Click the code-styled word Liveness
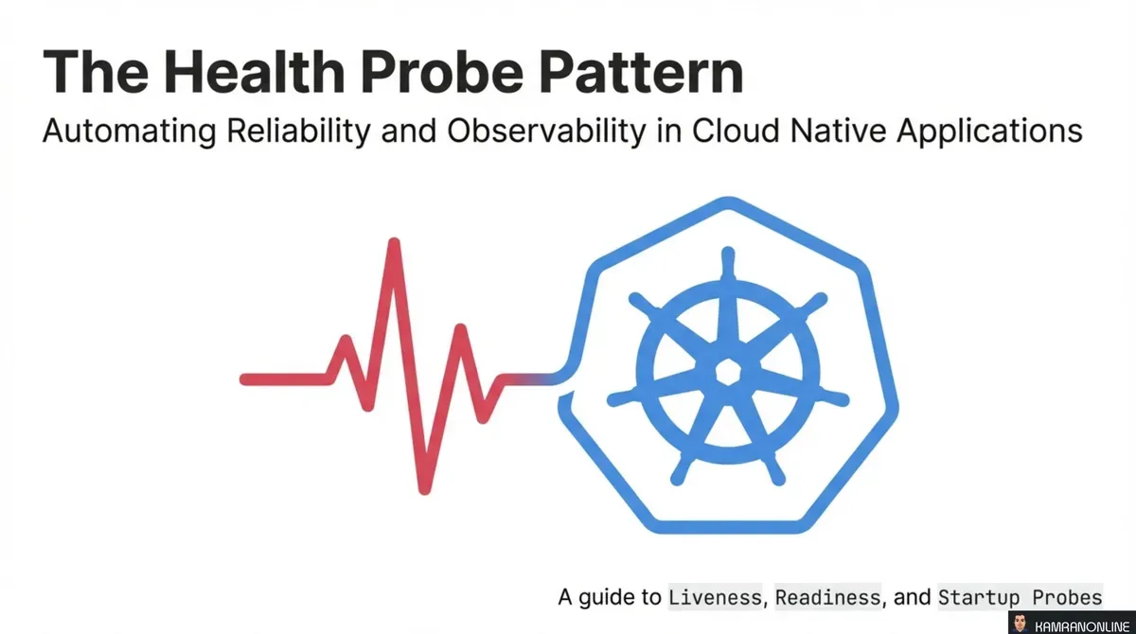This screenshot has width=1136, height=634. [x=715, y=598]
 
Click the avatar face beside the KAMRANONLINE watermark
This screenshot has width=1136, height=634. [x=1020, y=622]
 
